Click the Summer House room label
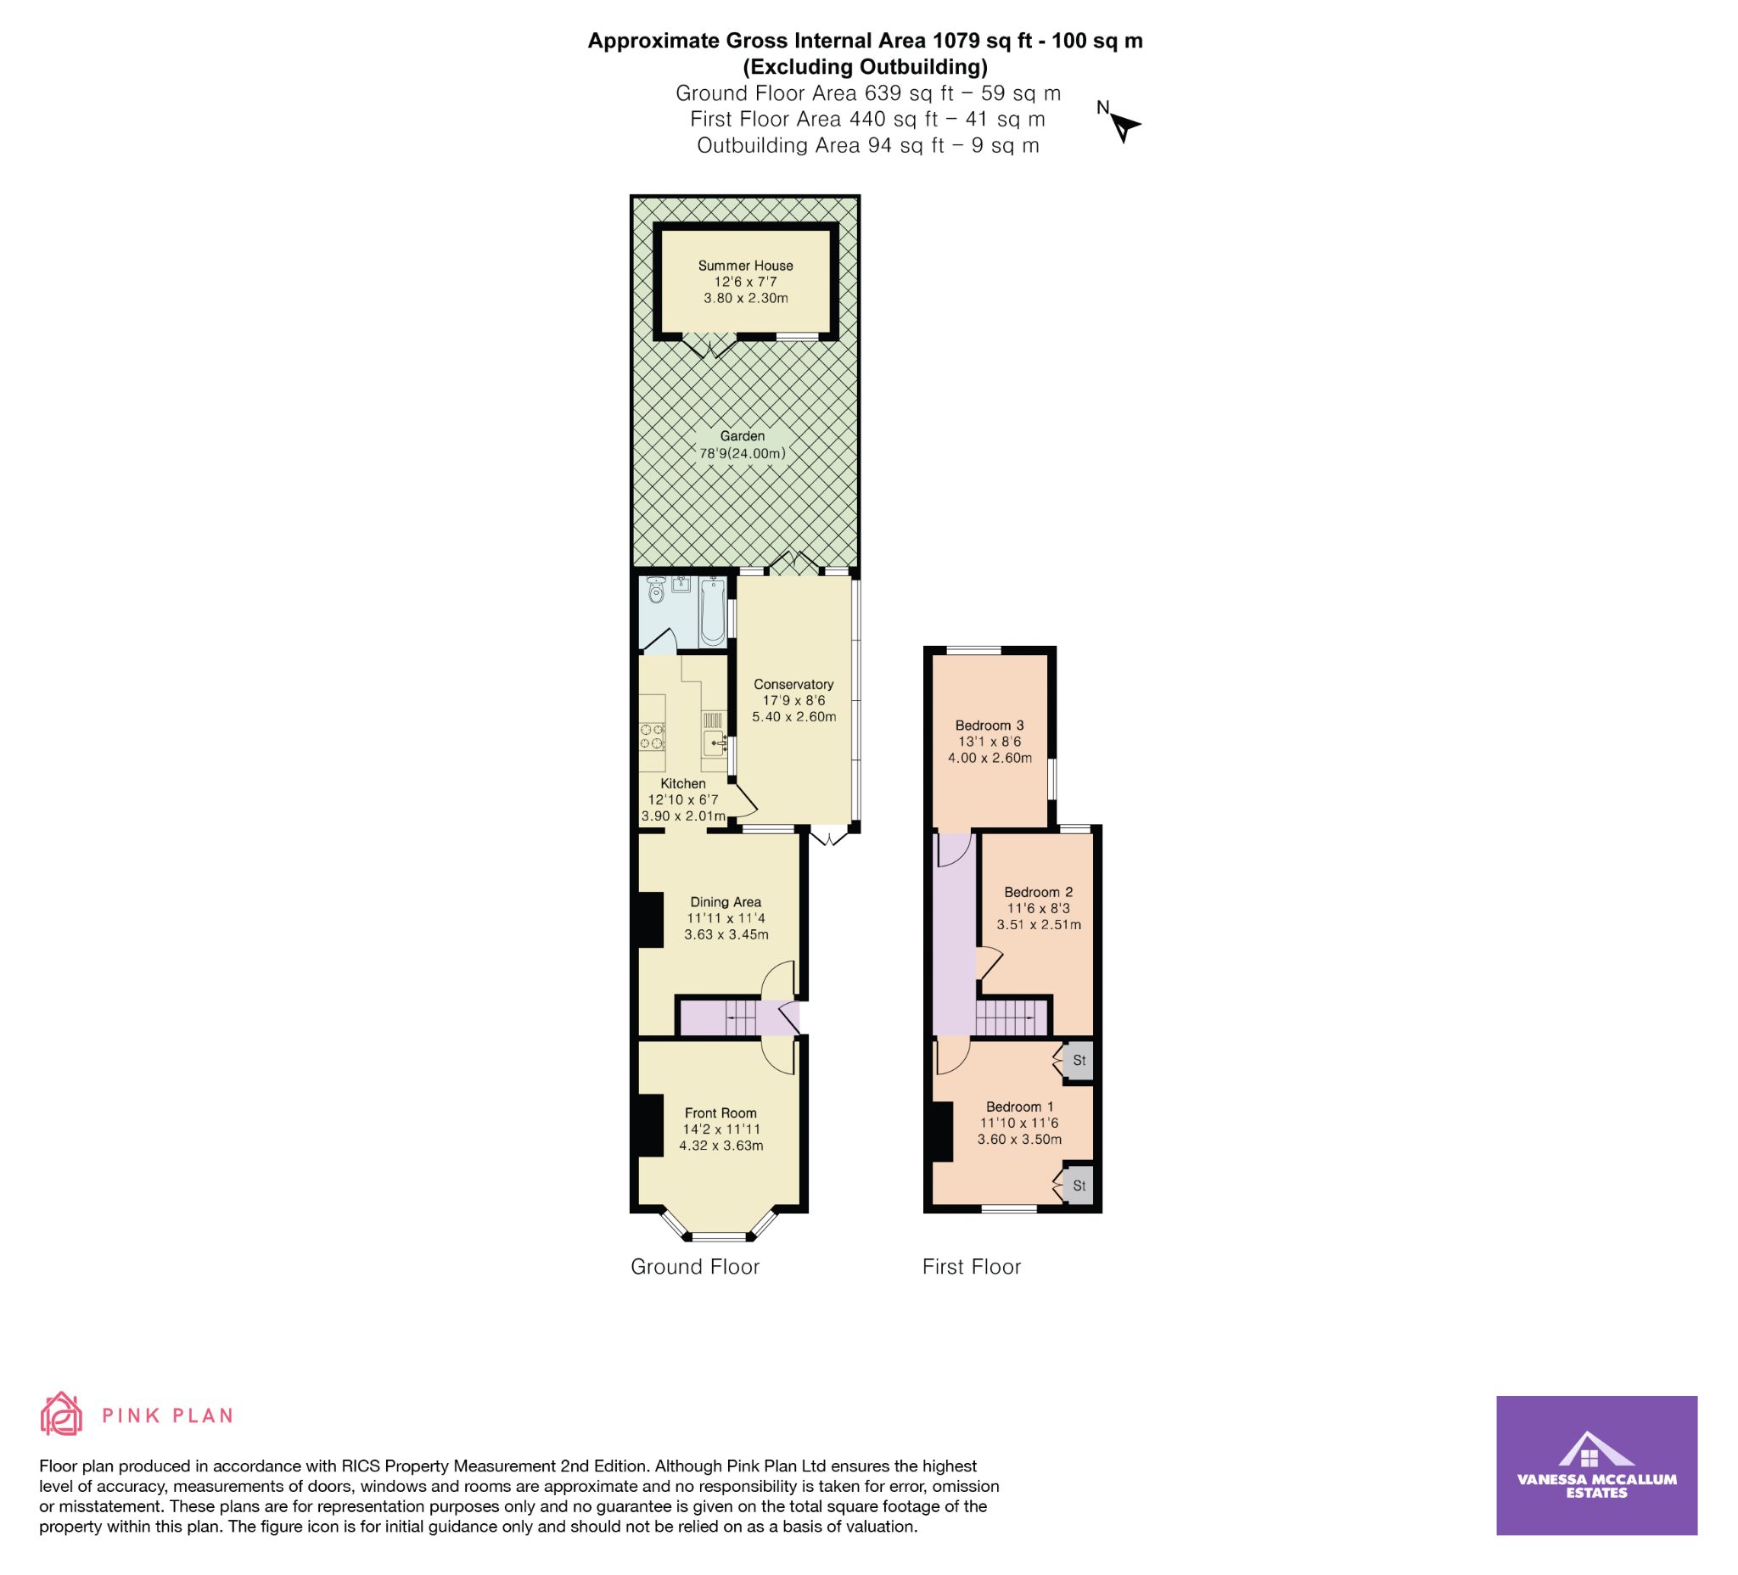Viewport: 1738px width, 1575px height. tap(746, 266)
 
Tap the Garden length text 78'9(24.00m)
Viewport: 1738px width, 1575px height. tap(743, 453)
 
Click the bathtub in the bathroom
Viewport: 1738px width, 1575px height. tap(712, 611)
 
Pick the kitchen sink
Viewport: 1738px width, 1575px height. tap(714, 742)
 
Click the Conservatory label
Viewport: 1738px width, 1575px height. tap(793, 685)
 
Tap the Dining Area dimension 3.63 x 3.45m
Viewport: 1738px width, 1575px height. tap(726, 934)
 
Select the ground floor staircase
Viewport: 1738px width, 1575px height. tap(740, 1018)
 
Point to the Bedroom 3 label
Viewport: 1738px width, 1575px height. tap(989, 726)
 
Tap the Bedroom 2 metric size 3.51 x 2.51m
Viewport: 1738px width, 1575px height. tap(1039, 925)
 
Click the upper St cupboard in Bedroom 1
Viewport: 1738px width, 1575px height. tap(1079, 1062)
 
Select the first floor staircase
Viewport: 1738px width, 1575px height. tap(1012, 1018)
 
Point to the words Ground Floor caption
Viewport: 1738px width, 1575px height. tap(695, 1266)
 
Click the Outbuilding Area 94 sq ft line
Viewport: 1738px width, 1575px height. tap(868, 146)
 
